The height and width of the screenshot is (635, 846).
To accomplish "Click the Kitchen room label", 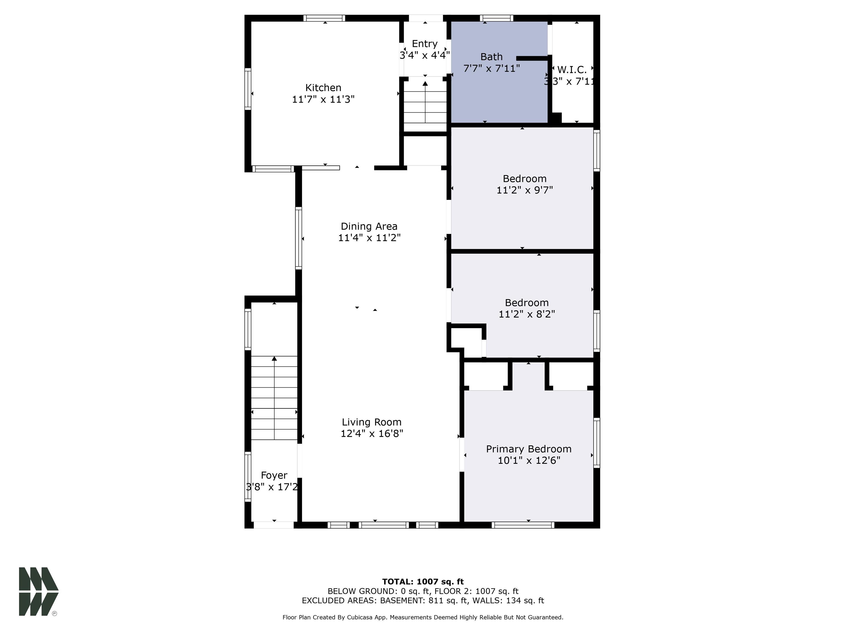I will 323,88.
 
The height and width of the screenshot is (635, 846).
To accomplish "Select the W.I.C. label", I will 572,70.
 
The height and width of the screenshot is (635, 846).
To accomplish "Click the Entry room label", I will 425,44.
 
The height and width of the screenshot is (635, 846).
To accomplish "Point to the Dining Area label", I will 369,226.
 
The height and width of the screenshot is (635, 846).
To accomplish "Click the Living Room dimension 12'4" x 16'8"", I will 372,434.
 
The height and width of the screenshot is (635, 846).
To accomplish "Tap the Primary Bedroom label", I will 528,449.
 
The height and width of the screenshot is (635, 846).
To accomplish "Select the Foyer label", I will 274,475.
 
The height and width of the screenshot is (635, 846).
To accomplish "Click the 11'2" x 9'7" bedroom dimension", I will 525,190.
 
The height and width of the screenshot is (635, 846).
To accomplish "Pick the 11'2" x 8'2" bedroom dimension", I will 527,314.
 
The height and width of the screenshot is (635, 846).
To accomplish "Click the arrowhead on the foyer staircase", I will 274,359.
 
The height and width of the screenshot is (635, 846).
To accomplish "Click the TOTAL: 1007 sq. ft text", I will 423,582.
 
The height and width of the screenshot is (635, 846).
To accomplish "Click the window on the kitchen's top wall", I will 324,18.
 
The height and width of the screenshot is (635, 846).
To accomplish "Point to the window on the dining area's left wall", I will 298,238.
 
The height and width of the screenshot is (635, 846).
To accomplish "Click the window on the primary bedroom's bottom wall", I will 523,525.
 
